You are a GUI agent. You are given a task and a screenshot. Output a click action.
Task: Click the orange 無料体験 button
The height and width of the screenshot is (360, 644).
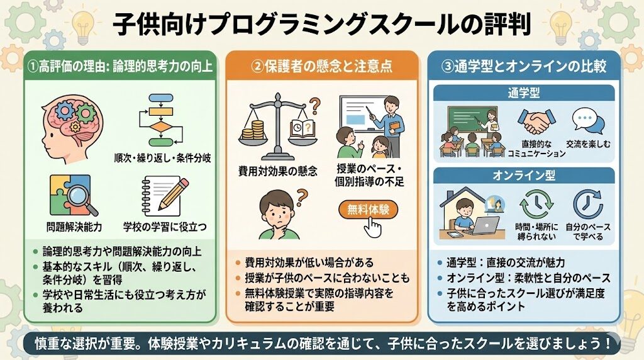(x=369, y=210)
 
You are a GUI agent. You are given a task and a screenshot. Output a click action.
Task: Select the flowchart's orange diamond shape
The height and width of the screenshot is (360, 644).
(x=160, y=127)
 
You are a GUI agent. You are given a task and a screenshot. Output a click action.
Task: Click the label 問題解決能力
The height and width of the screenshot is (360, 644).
(x=74, y=227)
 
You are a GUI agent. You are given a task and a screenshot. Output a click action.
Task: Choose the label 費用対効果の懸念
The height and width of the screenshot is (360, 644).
(x=277, y=171)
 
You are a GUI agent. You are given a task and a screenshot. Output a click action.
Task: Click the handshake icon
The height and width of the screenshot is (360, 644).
(x=535, y=121)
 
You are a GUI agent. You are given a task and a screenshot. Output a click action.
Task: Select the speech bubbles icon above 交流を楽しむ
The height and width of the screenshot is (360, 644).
(x=588, y=121)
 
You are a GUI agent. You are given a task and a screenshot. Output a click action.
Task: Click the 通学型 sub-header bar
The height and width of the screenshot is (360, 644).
(x=524, y=93)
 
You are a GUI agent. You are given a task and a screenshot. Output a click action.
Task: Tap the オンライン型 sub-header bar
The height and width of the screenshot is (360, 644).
(x=524, y=176)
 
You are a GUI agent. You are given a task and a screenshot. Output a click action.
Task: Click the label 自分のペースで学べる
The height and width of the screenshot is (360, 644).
(x=588, y=232)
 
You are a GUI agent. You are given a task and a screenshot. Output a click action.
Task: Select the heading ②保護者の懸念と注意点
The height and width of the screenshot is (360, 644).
(x=321, y=66)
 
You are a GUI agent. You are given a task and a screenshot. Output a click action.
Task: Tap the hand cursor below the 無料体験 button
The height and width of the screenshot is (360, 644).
(x=373, y=227)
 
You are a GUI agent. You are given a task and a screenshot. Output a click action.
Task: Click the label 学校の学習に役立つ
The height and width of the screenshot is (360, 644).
(x=165, y=227)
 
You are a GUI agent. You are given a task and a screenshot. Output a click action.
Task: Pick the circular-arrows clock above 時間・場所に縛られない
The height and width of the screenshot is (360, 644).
(x=536, y=205)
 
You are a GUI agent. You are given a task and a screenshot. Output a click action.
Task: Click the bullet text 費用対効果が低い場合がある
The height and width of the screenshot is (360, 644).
(x=309, y=262)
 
